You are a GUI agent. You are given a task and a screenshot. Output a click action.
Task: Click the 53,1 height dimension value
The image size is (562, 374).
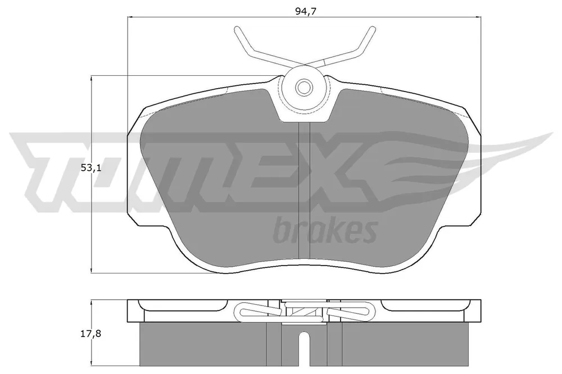pos(91,168)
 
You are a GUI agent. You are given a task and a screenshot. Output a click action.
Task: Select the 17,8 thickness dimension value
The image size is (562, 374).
pos(91,334)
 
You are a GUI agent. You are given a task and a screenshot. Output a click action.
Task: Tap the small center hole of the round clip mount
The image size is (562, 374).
pos(304,86)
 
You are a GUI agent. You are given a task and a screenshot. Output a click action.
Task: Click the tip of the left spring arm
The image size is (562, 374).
pos(236,28)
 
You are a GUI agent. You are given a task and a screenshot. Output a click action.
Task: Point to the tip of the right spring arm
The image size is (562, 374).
pos(373,28)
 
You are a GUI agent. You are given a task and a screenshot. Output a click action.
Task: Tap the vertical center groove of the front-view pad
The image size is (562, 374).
pos(304,190)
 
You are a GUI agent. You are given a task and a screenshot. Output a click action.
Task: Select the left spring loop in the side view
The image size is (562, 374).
pos(257,310)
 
